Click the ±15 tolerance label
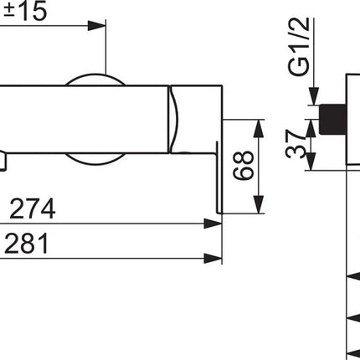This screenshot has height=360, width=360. coord(26,11)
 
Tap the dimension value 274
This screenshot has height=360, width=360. coord(33,209)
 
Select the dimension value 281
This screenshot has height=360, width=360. coord(27,244)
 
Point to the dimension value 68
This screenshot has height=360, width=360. coord(244,166)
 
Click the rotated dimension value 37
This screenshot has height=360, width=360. coord(296,144)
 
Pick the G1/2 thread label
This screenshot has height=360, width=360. coord(299,47)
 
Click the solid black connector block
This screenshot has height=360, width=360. coord(333,120)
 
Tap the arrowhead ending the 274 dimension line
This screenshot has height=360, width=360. coord(213,224)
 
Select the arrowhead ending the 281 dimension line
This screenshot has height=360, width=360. coord(213,259)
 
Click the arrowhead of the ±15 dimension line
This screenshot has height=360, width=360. coord(97,26)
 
